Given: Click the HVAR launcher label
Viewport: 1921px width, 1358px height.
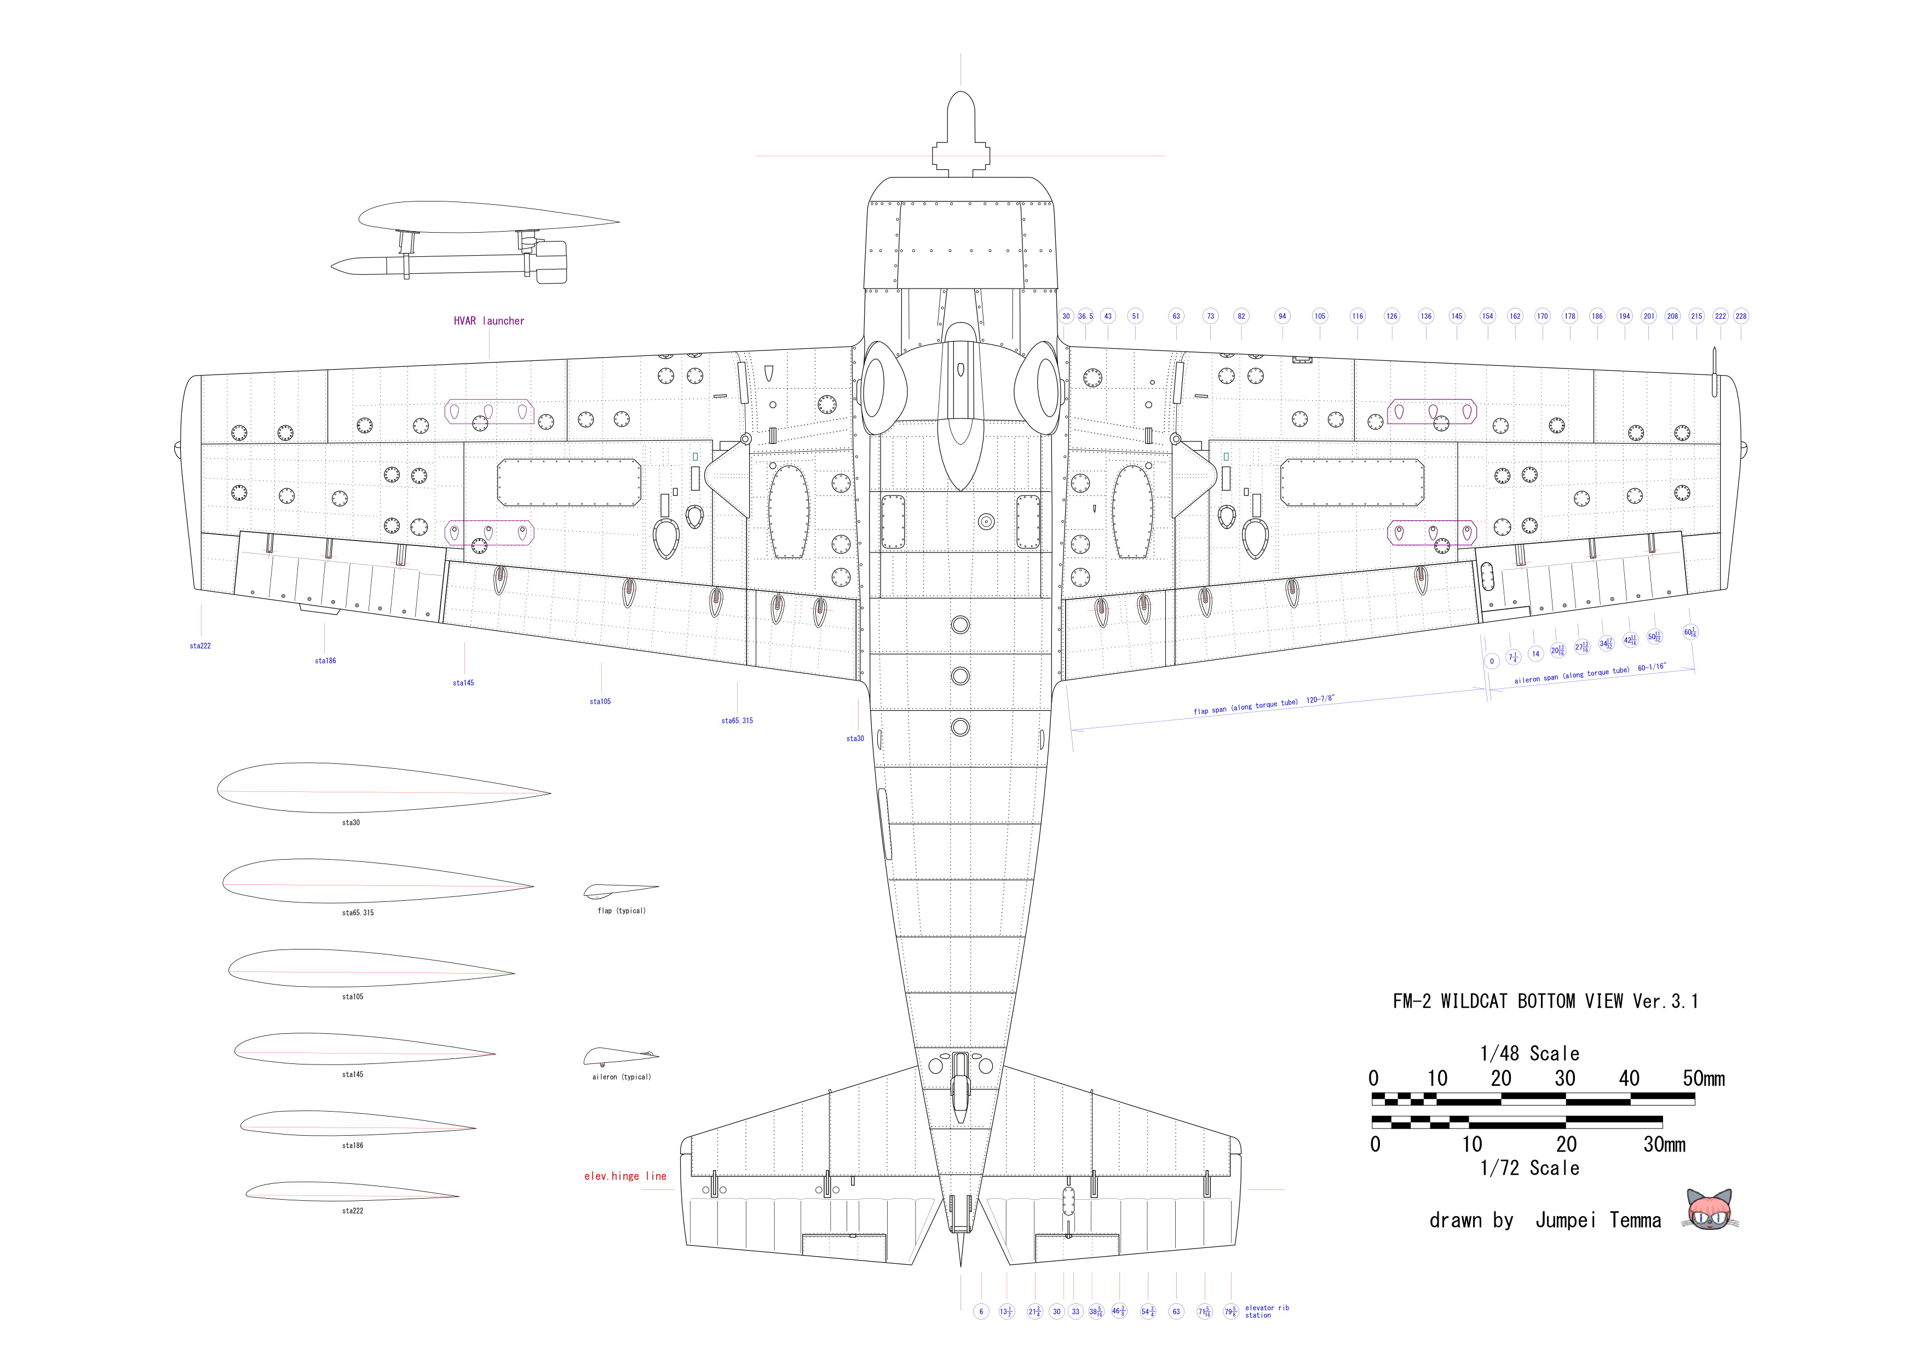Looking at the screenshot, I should pos(488,320).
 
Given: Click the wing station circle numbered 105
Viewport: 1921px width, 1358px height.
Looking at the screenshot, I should pos(1319,317).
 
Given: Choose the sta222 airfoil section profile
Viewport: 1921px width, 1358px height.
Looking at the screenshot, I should pos(352,1190).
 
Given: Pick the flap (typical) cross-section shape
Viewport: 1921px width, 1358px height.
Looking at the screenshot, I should pos(620,892).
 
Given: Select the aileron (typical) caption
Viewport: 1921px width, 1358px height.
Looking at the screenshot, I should pos(621,1077).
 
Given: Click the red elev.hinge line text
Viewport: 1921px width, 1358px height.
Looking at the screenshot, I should pos(625,1176).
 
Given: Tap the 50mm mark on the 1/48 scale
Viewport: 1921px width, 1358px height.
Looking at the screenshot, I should pos(1704,1079).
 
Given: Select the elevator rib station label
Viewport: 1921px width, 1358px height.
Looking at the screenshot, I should pos(1267,1311).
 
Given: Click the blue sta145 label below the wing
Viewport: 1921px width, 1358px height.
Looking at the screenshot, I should pos(463,683).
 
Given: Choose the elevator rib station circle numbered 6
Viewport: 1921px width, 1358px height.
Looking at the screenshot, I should pos(981,1311).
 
